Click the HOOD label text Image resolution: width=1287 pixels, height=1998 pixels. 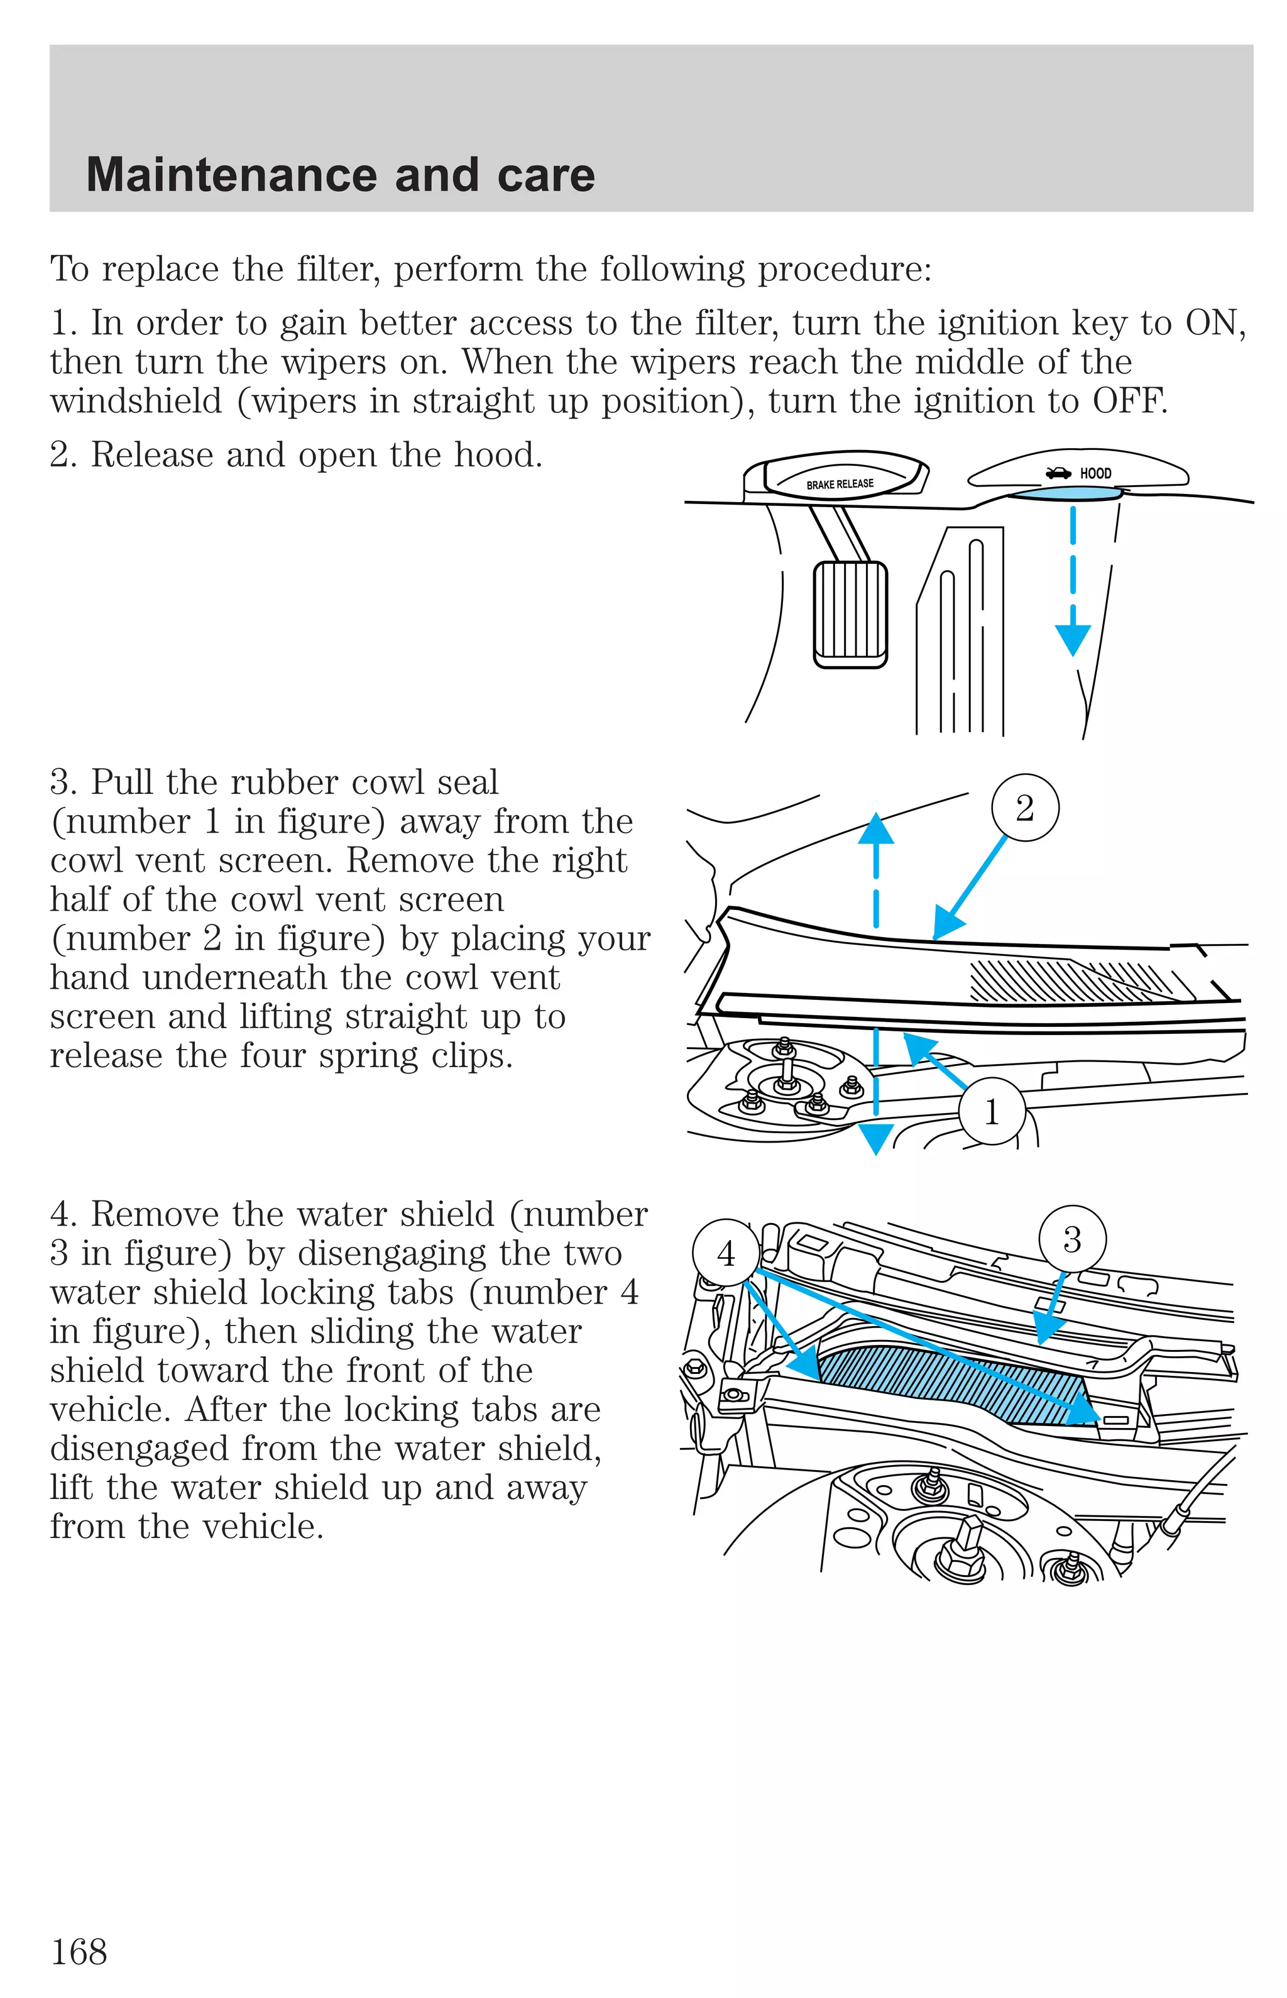1095,473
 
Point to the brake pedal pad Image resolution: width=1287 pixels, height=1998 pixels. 850,614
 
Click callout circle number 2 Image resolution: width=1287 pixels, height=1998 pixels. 1024,808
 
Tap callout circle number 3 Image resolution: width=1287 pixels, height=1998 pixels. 1072,1239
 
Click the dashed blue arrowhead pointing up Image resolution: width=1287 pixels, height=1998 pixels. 876,828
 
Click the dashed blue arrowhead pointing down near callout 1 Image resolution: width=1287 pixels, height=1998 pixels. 876,1138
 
